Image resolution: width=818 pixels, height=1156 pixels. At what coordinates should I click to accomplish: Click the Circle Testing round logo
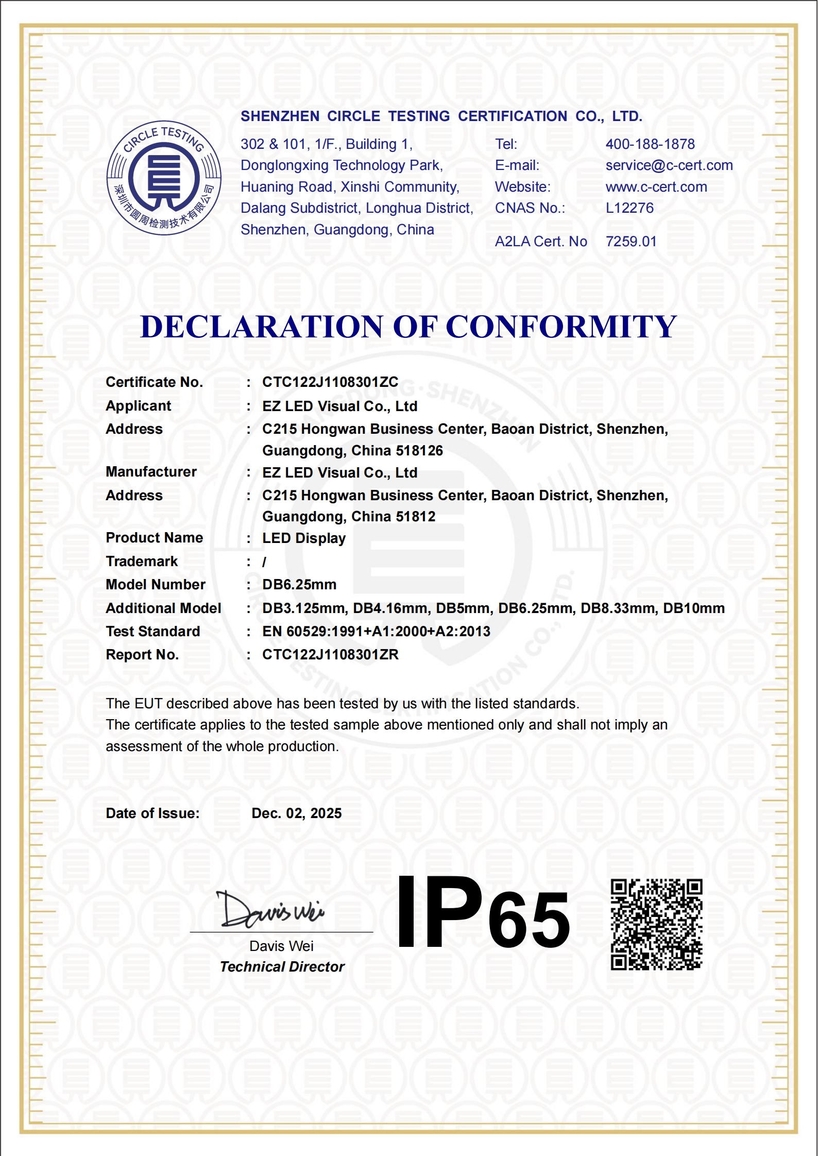[x=164, y=178]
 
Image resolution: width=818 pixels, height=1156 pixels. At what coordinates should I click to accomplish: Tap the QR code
[x=656, y=924]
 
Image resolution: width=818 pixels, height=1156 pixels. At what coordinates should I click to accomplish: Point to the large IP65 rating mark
[x=483, y=913]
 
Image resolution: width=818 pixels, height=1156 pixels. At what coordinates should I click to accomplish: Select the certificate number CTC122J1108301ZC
[x=330, y=382]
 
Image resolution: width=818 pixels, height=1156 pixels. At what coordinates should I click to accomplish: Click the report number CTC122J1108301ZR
[x=330, y=655]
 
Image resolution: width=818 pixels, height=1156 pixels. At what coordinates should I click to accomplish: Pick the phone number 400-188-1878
[x=650, y=144]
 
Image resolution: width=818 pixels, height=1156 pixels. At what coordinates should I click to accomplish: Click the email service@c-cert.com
[x=669, y=165]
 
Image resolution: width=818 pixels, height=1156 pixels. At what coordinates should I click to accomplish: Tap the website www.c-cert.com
[x=656, y=187]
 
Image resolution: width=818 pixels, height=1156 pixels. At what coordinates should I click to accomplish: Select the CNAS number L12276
[x=629, y=208]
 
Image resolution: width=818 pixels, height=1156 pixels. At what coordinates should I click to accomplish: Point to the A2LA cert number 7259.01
[x=631, y=242]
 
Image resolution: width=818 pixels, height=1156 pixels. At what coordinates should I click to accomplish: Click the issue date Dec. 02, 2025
[x=297, y=813]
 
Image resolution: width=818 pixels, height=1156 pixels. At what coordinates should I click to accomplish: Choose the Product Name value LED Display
[x=304, y=538]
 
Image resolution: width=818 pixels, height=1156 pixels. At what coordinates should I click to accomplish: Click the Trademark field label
[x=142, y=562]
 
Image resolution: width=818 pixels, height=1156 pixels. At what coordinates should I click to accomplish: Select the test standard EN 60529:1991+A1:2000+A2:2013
[x=376, y=632]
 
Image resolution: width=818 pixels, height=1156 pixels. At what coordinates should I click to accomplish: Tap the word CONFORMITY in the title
[x=561, y=327]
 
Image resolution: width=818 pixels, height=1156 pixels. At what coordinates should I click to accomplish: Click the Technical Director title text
[x=282, y=967]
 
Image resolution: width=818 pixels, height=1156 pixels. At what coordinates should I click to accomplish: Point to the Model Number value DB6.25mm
[x=299, y=585]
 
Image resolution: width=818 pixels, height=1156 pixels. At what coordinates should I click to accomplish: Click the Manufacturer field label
[x=151, y=472]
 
